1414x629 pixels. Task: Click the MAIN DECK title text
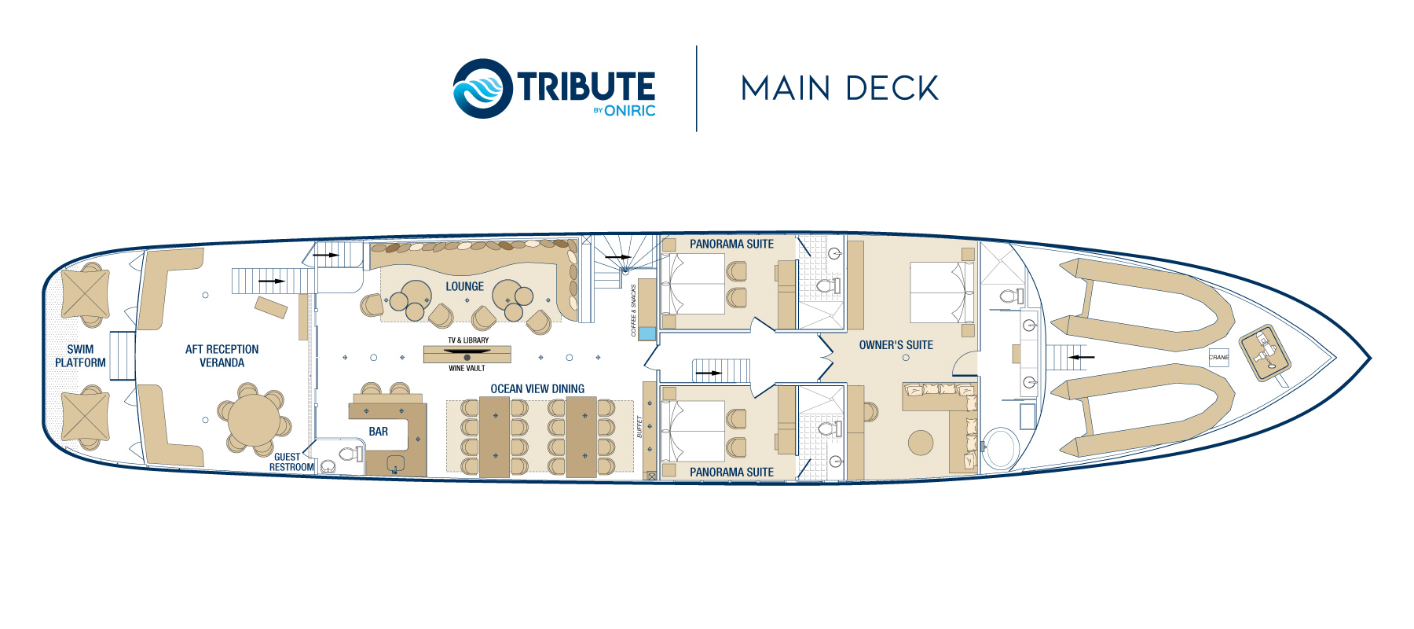pyautogui.click(x=839, y=88)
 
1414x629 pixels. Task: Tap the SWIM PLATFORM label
pyautogui.click(x=80, y=356)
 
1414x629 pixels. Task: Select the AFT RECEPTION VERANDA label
pyautogui.click(x=222, y=356)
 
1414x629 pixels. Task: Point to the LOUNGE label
pyautogui.click(x=464, y=287)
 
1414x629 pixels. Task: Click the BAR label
pyautogui.click(x=378, y=432)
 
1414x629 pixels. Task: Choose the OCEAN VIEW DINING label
pyautogui.click(x=537, y=389)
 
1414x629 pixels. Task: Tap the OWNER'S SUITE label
pyautogui.click(x=896, y=345)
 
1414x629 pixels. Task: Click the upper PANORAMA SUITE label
pyautogui.click(x=731, y=245)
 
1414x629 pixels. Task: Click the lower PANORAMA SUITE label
pyautogui.click(x=731, y=473)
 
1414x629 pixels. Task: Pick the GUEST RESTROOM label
pyautogui.click(x=291, y=462)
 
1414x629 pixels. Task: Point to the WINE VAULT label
pyautogui.click(x=467, y=369)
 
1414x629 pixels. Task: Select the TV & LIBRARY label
pyautogui.click(x=468, y=340)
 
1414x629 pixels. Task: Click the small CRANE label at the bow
pyautogui.click(x=1218, y=358)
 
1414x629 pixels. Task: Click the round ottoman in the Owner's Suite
pyautogui.click(x=921, y=443)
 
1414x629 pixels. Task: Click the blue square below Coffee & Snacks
pyautogui.click(x=647, y=333)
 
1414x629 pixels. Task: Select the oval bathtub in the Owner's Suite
pyautogui.click(x=999, y=447)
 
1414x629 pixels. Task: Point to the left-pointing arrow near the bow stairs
pyautogui.click(x=1082, y=357)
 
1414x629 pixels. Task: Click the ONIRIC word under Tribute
pyautogui.click(x=629, y=111)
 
